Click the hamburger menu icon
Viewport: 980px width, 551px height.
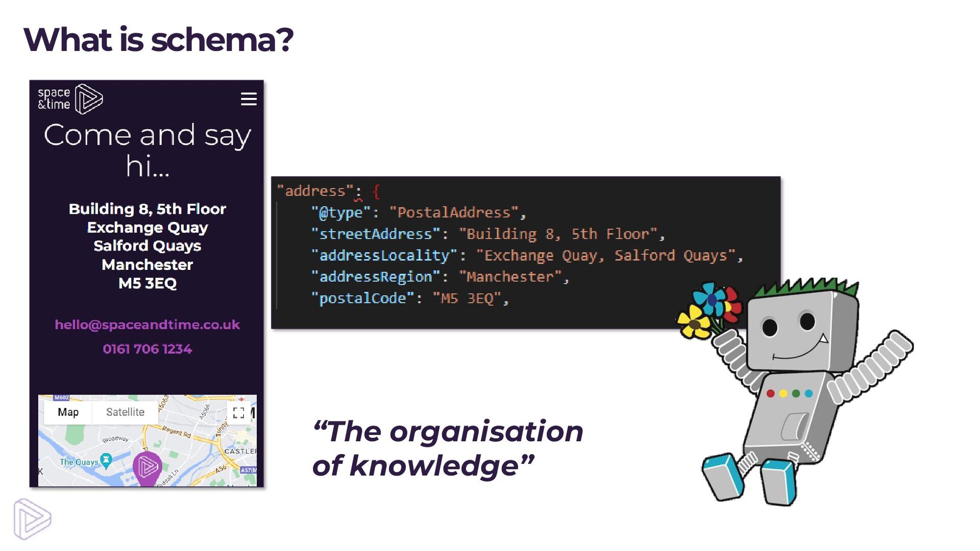[x=249, y=99]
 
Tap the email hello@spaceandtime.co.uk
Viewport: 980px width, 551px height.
[x=147, y=325]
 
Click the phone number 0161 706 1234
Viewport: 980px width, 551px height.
[x=147, y=349]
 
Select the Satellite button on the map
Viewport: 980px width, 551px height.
[x=125, y=412]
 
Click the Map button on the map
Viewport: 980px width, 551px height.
[x=68, y=412]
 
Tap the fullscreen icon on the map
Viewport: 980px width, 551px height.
[x=238, y=413]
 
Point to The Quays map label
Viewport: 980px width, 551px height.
[x=79, y=462]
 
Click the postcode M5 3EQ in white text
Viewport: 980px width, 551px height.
[x=148, y=284]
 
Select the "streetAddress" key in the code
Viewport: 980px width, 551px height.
[x=375, y=234]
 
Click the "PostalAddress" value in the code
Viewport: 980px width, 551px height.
[x=454, y=213]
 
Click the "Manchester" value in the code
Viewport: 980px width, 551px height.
[x=510, y=277]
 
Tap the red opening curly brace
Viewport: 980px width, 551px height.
[x=376, y=192]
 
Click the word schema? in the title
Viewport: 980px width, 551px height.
[x=222, y=40]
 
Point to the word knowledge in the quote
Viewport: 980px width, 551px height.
[x=434, y=466]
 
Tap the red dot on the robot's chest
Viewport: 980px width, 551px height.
[x=771, y=393]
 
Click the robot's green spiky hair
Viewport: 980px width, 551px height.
[x=806, y=286]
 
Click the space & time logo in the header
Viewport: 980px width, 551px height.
[x=70, y=98]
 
